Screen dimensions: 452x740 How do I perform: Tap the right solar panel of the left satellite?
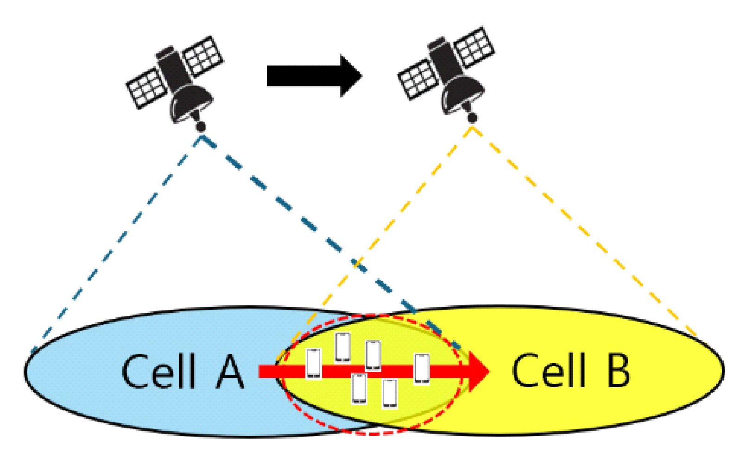203,56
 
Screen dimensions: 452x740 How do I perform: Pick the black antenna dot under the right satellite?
472,118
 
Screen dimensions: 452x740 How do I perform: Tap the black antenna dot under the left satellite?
201,126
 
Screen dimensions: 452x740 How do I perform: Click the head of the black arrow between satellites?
350,76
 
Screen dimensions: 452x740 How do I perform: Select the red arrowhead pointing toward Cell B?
477,371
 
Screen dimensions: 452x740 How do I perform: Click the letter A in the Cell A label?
230,372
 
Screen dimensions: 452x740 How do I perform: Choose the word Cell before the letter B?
549,371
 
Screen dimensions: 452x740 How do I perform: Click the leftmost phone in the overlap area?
314,364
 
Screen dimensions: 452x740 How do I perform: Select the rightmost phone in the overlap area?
421,368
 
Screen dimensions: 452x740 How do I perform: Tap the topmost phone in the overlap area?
343,347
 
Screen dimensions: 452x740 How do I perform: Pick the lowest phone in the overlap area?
390,393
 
